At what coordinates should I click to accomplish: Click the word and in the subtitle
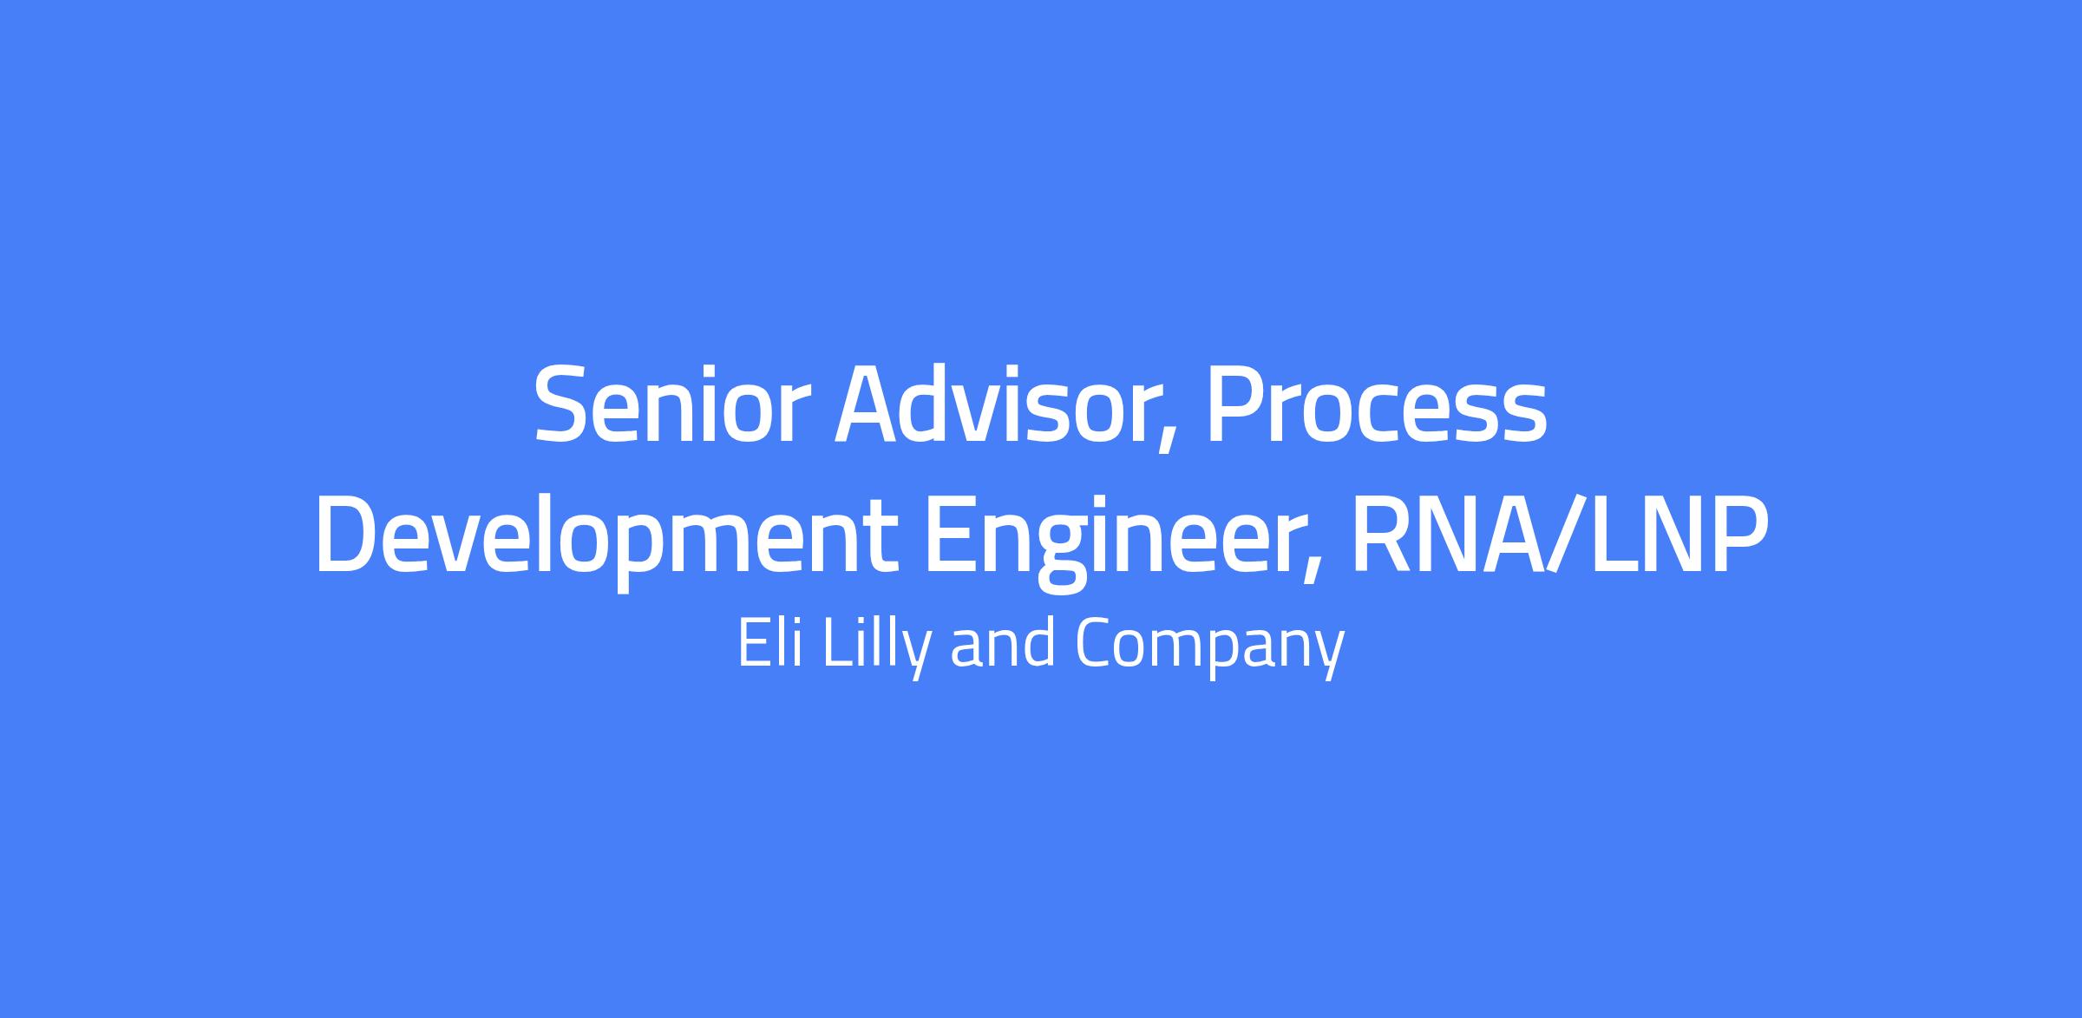coord(1003,642)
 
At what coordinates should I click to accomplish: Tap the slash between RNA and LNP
coord(1557,535)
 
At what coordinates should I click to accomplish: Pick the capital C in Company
coord(1094,642)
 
